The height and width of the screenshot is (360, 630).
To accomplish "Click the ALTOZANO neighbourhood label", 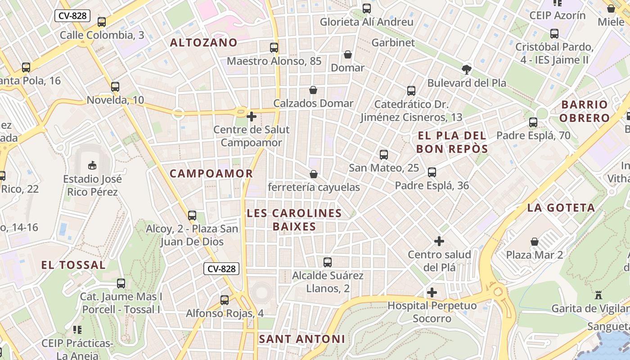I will (x=204, y=43).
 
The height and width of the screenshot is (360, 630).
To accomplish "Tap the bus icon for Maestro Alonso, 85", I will (x=274, y=47).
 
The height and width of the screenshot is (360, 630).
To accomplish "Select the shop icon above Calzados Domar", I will (x=313, y=90).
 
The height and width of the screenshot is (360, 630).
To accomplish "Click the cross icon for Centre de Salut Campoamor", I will (x=252, y=117).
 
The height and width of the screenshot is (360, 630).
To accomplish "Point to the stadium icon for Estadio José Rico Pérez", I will (x=92, y=165).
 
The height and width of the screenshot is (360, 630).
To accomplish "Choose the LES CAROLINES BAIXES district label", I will (x=294, y=220).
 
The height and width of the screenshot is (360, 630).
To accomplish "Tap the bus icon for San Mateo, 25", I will (x=384, y=155).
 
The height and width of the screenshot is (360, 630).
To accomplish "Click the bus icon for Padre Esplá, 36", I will (x=432, y=172).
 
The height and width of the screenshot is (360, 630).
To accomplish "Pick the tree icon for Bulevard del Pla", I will (x=467, y=69).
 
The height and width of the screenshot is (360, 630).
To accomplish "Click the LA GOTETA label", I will (x=561, y=208).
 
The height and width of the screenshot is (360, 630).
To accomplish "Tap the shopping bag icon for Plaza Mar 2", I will (x=535, y=242).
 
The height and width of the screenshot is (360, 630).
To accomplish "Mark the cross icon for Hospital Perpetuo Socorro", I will (x=432, y=292).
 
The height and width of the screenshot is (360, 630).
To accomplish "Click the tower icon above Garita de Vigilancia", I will (x=598, y=295).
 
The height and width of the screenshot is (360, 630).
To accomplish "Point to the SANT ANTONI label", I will (x=302, y=339).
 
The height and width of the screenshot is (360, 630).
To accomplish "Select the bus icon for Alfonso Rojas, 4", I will (x=225, y=300).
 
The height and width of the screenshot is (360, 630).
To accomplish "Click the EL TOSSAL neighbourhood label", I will (x=73, y=265).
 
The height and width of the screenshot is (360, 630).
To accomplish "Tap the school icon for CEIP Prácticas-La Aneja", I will (x=77, y=330).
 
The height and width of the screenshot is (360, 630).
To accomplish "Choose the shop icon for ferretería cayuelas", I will (x=314, y=174).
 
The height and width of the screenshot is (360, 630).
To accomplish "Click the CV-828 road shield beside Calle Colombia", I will (x=73, y=16).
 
